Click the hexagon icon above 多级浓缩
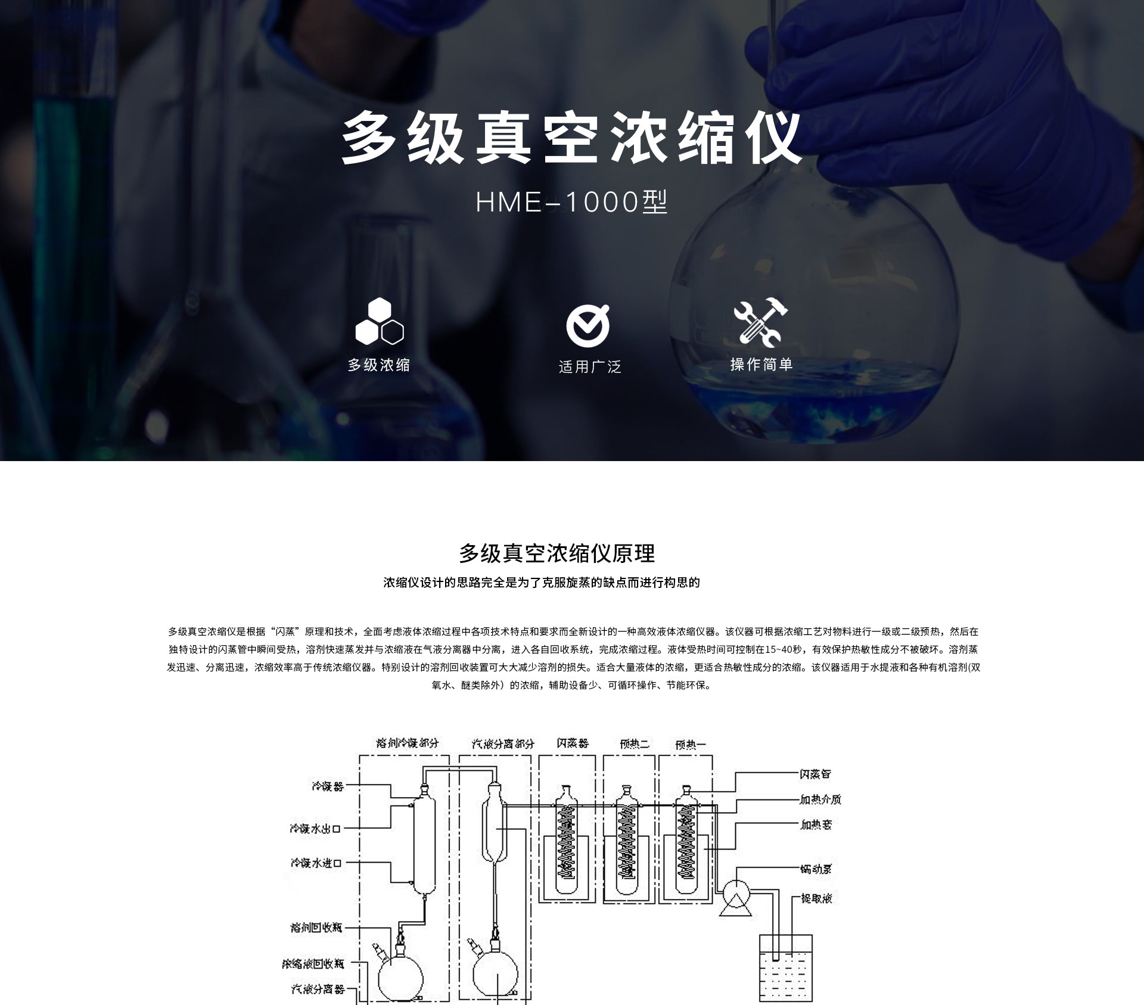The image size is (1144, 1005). [380, 322]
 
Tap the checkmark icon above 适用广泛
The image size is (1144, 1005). [588, 326]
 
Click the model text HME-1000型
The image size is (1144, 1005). [571, 203]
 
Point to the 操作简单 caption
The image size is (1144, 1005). [761, 365]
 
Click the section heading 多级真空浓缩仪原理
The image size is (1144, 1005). [557, 553]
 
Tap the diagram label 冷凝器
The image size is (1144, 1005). [328, 786]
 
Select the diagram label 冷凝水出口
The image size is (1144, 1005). [315, 828]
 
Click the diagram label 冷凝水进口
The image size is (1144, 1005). [316, 862]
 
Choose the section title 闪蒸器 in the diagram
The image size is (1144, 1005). [573, 743]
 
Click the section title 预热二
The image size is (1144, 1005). [634, 743]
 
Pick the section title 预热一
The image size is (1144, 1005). [691, 744]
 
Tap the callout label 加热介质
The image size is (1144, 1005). [820, 799]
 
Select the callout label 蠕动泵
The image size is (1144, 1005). [816, 869]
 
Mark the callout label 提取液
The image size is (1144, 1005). [816, 898]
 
